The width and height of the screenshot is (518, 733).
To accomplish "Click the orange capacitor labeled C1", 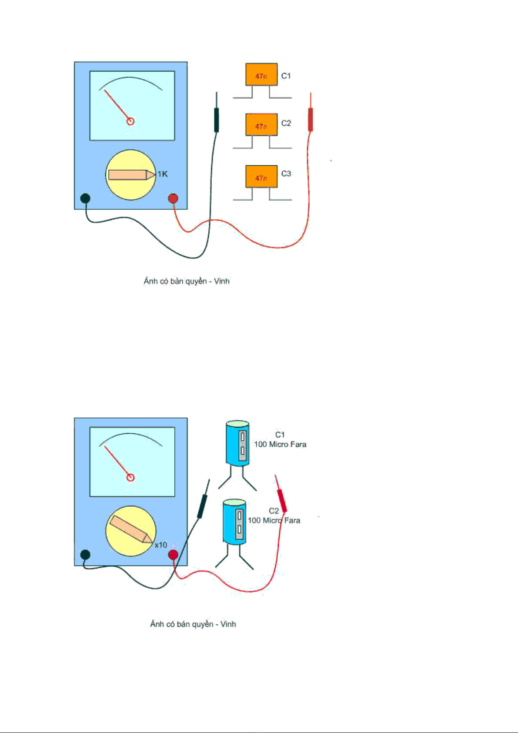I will [261, 75].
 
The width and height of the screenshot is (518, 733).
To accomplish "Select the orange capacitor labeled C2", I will [261, 125].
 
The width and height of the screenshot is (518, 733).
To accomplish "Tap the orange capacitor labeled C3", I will [261, 176].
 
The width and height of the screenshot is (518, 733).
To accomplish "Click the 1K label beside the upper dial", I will [163, 174].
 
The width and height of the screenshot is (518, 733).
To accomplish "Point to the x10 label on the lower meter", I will [161, 545].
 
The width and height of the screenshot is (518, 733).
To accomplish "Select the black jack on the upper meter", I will [85, 198].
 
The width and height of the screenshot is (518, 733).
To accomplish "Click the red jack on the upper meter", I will [173, 198].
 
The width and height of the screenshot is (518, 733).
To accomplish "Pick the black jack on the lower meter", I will [85, 555].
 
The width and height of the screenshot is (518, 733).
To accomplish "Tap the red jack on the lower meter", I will [173, 555].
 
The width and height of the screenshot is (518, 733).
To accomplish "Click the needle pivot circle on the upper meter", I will [130, 121].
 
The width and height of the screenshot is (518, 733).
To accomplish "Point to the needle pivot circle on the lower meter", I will [130, 477].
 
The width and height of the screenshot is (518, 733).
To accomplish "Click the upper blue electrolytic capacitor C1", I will [237, 443].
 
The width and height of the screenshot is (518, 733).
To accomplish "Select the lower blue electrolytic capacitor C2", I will [234, 522].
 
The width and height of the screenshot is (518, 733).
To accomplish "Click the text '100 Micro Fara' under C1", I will [280, 445].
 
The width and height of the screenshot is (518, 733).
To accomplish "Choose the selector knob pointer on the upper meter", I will [131, 175].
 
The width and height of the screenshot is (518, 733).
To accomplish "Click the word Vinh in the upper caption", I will [222, 281].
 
